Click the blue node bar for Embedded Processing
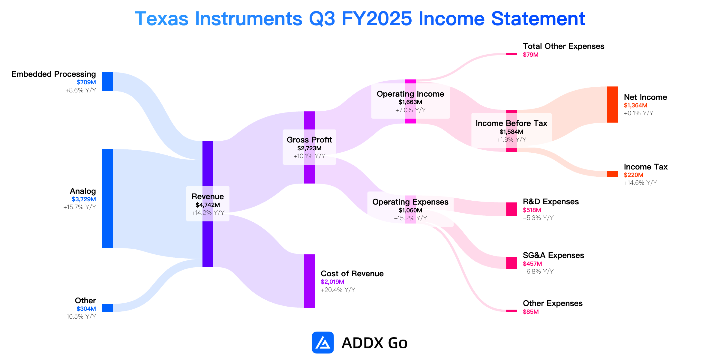107,81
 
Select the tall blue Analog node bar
107,198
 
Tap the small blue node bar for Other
107,308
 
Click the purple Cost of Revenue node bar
309,281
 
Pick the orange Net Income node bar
612,104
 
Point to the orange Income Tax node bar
612,174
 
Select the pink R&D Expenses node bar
511,209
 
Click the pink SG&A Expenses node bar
511,263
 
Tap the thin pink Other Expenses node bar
511,311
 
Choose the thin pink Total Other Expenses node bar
511,54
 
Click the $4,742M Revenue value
208,205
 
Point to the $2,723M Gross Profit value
309,148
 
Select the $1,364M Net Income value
635,105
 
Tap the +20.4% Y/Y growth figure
338,290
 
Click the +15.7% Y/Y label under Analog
79,207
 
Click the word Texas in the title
161,19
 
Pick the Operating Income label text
410,94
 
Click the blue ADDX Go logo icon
323,342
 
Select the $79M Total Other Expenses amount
531,55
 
